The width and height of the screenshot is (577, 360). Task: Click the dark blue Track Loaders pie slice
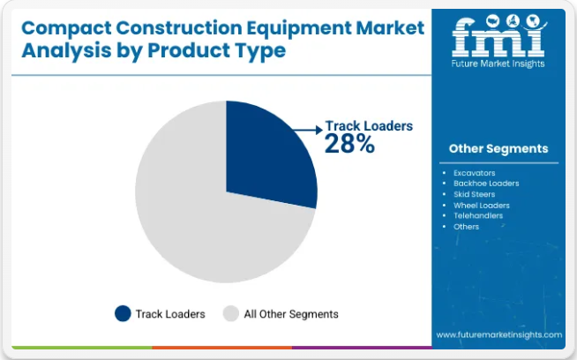tap(265, 154)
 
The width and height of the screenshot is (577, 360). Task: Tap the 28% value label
tap(349, 144)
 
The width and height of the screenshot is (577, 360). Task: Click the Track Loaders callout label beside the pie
tap(369, 126)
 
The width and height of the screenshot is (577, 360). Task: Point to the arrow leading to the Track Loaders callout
tap(308, 130)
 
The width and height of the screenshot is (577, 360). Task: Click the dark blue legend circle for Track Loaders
tap(123, 313)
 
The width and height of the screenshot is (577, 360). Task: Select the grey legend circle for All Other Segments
tap(231, 313)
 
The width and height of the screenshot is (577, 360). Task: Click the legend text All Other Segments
tap(291, 314)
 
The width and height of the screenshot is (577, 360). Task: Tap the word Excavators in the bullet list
tap(475, 173)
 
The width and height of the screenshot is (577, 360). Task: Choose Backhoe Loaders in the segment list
tap(486, 184)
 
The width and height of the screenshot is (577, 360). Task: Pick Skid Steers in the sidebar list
tap(474, 194)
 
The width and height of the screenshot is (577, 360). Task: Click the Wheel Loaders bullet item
tap(482, 206)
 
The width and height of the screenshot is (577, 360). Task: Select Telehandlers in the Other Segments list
tap(478, 215)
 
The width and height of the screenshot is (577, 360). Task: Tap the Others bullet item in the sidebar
tap(466, 227)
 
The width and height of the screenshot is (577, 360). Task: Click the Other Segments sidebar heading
tap(498, 149)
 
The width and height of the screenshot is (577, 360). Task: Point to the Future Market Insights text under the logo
tap(498, 64)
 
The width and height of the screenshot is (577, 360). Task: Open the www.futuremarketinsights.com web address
tap(499, 335)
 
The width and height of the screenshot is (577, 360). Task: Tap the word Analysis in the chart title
tap(66, 51)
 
